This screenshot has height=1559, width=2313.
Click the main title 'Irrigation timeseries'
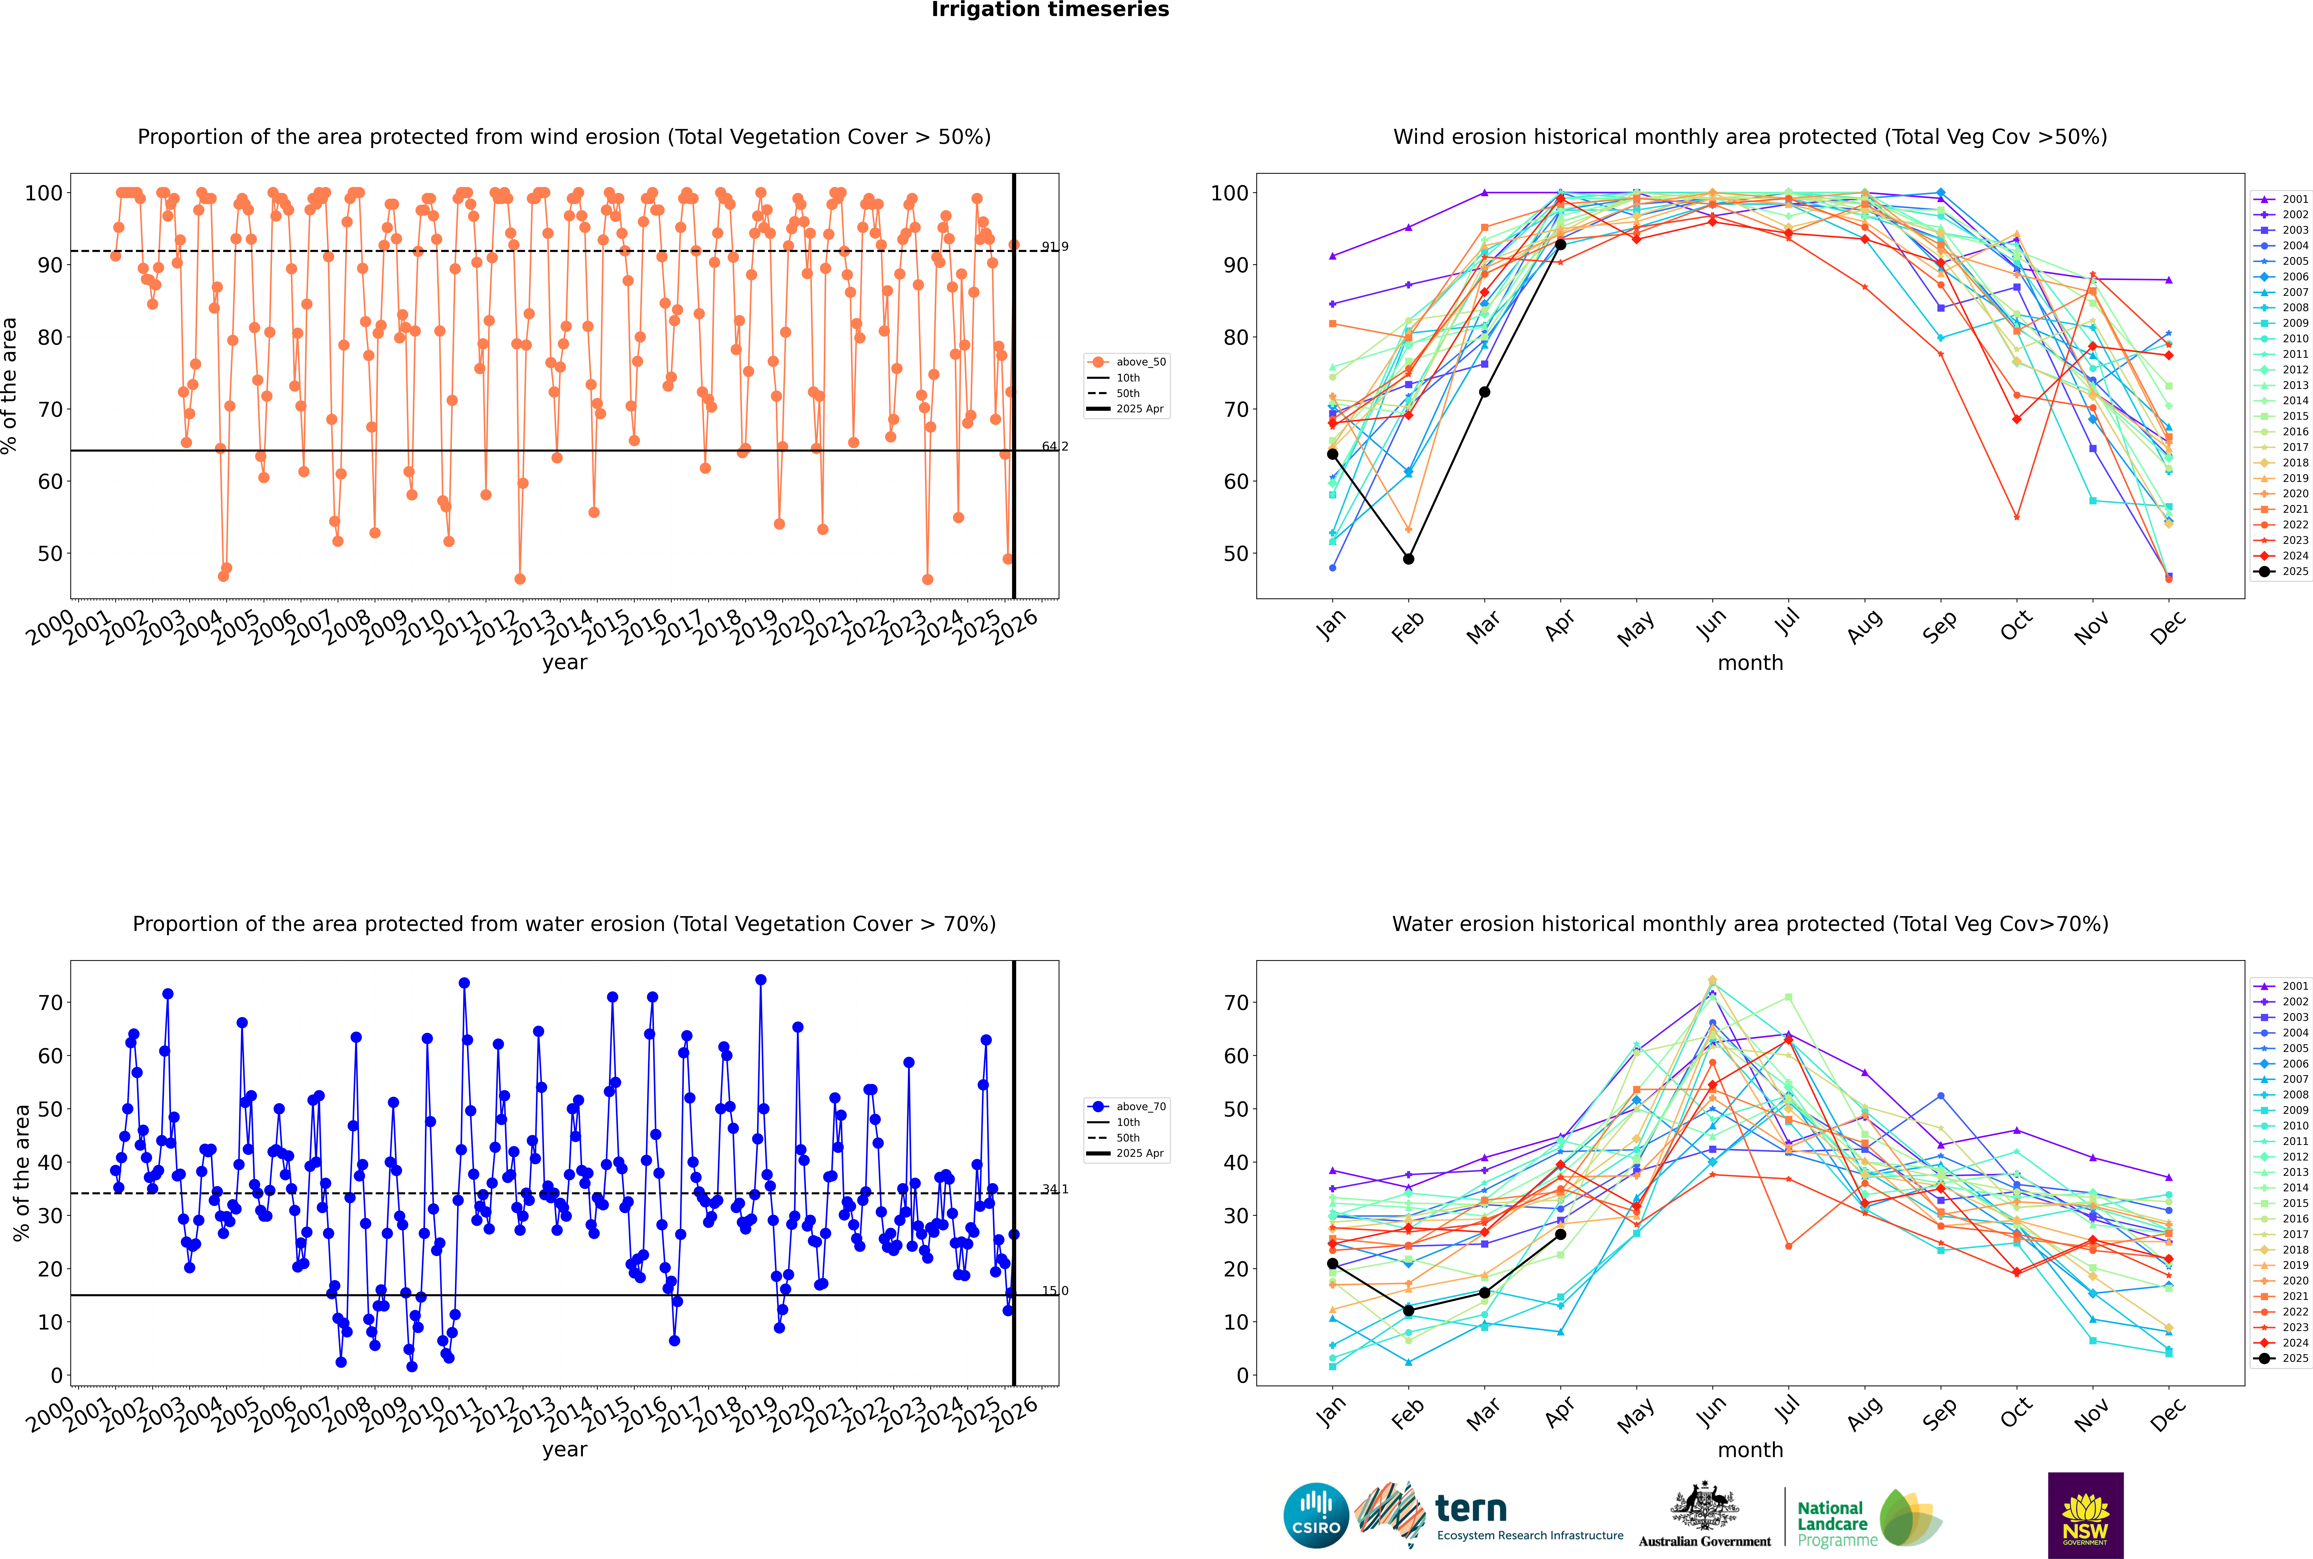pyautogui.click(x=1050, y=10)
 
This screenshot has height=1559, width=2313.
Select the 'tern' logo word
pyautogui.click(x=1471, y=1509)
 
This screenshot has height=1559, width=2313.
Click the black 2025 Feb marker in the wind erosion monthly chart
pyautogui.click(x=1408, y=559)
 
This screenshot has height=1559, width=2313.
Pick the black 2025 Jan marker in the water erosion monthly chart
pyautogui.click(x=1333, y=1264)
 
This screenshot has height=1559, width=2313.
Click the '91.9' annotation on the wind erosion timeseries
pyautogui.click(x=1055, y=247)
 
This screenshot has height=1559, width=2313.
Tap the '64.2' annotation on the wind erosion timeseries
pyautogui.click(x=1055, y=446)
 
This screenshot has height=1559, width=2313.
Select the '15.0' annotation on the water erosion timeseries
pyautogui.click(x=1055, y=1291)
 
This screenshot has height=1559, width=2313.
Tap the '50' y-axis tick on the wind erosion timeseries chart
pyautogui.click(x=50, y=554)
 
